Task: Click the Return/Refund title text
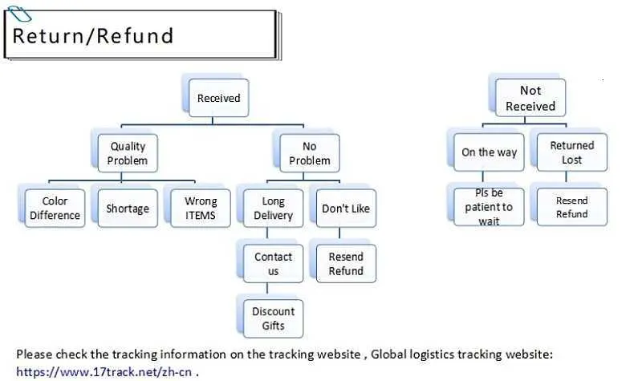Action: (x=93, y=35)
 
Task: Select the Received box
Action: (x=218, y=99)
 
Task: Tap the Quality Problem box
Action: (x=128, y=152)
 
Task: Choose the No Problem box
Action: (x=310, y=153)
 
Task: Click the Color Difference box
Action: (x=55, y=208)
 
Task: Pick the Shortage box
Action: (x=128, y=209)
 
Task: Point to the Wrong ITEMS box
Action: (x=200, y=208)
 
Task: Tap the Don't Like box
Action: (x=346, y=209)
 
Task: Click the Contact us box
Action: (x=273, y=264)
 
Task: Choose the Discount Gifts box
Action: (x=273, y=318)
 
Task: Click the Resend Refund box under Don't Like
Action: (x=346, y=264)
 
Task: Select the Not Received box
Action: (x=530, y=98)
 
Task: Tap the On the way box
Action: (x=489, y=152)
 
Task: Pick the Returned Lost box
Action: (x=571, y=152)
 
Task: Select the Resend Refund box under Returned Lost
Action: (x=571, y=207)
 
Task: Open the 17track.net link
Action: (x=105, y=371)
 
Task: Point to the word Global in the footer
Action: (x=392, y=354)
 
